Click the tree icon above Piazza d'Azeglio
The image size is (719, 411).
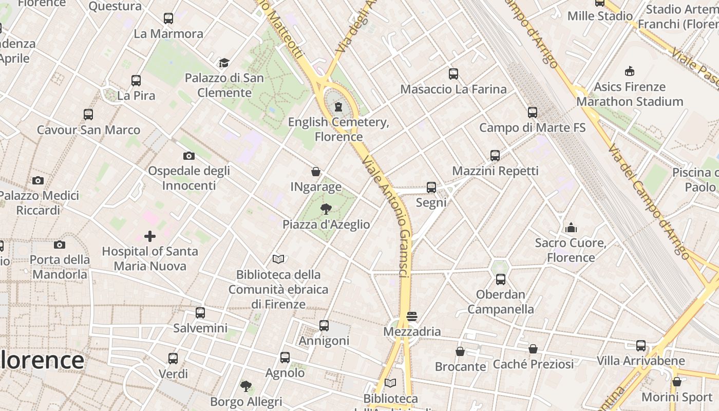pos(326,209)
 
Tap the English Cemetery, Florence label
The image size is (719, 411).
pos(338,129)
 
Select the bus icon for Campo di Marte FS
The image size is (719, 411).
pos(533,112)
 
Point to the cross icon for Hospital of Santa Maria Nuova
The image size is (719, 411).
pos(150,236)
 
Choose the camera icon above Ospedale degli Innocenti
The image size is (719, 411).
pos(189,156)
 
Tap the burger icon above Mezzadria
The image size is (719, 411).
pos(412,316)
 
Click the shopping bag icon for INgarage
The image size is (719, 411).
pos(316,172)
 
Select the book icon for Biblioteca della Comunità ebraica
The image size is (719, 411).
pos(278,259)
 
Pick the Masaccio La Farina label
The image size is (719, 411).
pos(453,89)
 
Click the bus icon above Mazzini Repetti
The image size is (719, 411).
pos(495,155)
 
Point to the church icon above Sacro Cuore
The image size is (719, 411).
pos(571,227)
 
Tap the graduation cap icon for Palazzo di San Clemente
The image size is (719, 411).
pos(224,63)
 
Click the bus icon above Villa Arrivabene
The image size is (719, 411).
pos(641,346)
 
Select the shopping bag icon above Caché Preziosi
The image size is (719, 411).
pos(533,349)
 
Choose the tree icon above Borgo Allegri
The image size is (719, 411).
pos(246,386)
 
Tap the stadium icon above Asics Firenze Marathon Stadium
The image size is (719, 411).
pos(630,71)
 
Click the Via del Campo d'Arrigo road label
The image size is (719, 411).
pos(649,201)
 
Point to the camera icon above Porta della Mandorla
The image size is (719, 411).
pos(60,245)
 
